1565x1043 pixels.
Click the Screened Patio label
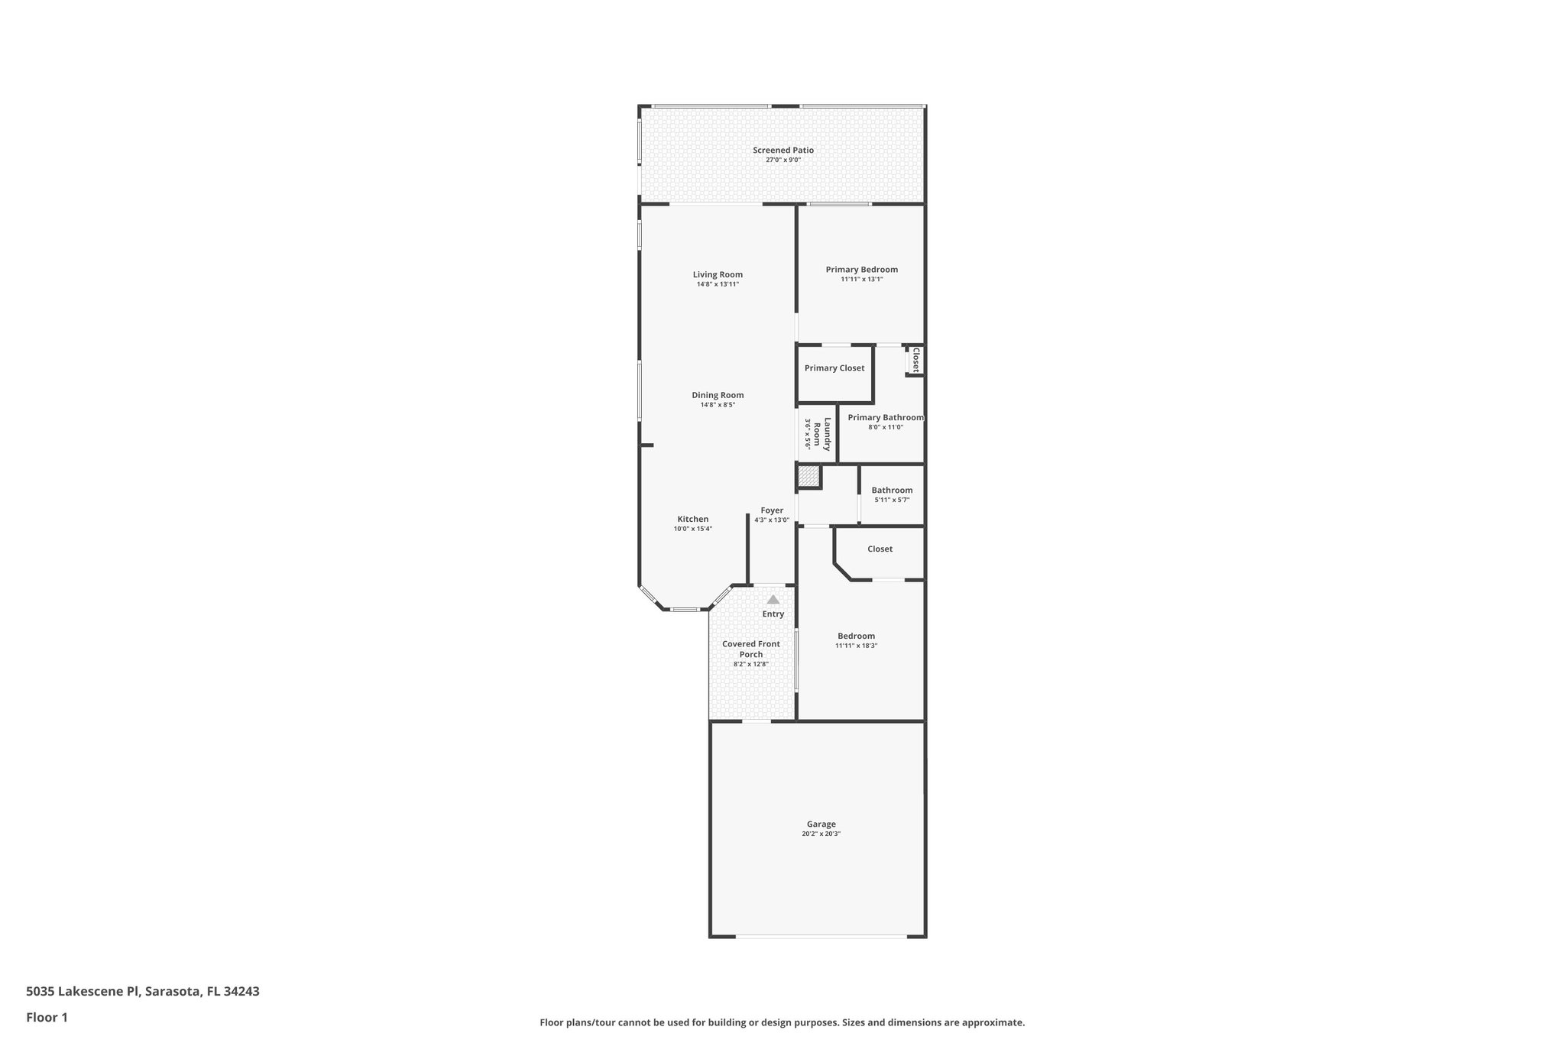point(782,151)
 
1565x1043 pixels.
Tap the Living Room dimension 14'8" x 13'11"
point(718,284)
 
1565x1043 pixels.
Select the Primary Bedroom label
point(861,270)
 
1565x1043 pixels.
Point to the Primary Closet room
point(834,368)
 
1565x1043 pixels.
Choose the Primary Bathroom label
point(885,418)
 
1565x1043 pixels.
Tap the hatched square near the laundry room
point(808,478)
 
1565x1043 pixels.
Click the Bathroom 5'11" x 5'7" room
point(892,494)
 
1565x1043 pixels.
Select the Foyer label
point(772,510)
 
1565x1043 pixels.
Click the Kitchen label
point(692,520)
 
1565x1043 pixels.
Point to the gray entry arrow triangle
point(773,600)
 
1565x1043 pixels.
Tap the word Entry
point(773,614)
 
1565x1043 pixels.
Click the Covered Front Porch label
point(751,649)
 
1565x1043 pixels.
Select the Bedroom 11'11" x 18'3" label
point(856,636)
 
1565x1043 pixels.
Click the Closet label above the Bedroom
point(880,549)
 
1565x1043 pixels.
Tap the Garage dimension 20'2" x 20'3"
point(821,834)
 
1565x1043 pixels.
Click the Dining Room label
point(718,396)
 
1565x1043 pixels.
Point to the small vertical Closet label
point(915,360)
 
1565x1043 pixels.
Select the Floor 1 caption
point(47,1017)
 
